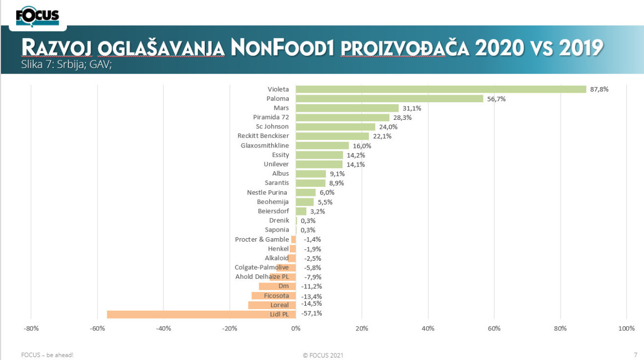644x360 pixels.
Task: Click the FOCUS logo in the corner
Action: click(37, 16)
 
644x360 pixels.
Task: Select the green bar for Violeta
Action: click(441, 89)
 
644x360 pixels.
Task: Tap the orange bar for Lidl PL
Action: click(201, 314)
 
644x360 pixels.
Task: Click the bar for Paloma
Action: click(389, 99)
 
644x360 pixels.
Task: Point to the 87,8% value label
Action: click(599, 89)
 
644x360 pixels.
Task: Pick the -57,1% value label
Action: click(311, 313)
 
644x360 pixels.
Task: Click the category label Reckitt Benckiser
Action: click(263, 136)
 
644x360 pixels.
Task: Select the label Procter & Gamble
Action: click(262, 239)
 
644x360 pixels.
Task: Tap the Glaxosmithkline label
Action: click(265, 146)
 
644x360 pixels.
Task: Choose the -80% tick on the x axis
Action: click(31, 329)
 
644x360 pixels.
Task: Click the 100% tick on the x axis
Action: click(626, 329)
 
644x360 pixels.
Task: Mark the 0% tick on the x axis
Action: click(296, 329)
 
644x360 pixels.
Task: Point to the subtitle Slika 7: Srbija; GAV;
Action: click(66, 64)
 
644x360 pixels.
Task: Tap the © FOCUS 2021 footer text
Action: click(323, 355)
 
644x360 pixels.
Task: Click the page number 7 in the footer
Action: click(635, 354)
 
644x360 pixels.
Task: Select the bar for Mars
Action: click(347, 108)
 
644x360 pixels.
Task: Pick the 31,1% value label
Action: click(412, 108)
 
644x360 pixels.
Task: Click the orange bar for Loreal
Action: click(272, 305)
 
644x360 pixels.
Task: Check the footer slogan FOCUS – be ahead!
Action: click(47, 355)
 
